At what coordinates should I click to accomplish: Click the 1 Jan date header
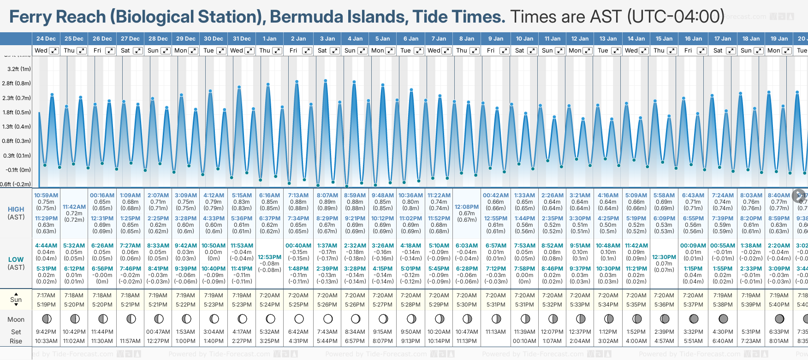tap(269, 39)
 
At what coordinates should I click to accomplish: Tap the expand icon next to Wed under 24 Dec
tap(54, 51)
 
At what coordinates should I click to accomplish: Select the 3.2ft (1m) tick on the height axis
tap(19, 69)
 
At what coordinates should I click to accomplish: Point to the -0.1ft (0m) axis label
tap(19, 170)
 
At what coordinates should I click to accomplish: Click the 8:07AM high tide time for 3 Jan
tap(327, 195)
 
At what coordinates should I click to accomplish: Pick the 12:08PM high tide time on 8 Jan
tap(467, 207)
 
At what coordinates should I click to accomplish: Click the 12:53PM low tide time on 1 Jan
tap(269, 257)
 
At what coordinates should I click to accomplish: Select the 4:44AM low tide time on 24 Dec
tap(46, 246)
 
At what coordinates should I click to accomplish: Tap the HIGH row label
tap(16, 209)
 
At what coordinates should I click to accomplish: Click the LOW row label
tap(16, 260)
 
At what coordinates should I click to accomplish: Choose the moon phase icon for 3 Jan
tap(327, 319)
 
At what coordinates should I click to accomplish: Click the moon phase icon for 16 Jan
tap(694, 319)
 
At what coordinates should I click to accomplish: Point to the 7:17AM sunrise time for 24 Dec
tap(46, 295)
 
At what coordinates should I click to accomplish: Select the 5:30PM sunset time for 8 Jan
tap(467, 305)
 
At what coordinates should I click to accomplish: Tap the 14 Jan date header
tap(636, 39)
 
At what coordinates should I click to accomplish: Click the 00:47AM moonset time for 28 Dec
tap(158, 332)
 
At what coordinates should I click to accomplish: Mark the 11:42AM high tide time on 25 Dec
tap(74, 207)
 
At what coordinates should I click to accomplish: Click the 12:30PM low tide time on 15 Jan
tap(664, 257)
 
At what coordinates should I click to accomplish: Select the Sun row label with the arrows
tap(16, 300)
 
